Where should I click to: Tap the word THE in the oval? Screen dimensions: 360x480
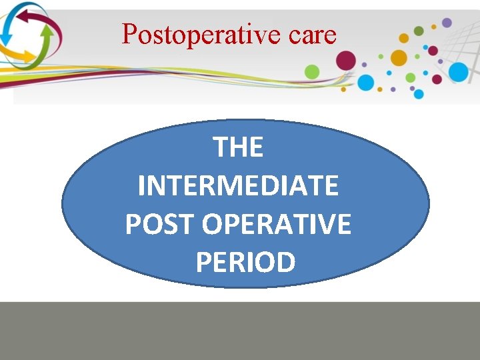coord(239,147)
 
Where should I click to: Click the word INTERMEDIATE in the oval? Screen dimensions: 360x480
coord(239,186)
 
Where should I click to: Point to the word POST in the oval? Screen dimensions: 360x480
coord(160,225)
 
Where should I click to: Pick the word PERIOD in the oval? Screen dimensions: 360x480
coord(245,263)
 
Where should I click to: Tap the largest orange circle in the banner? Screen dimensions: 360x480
coord(399,57)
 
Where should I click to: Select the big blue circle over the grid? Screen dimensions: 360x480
coord(459,71)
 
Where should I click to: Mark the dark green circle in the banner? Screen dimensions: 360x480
coord(419,31)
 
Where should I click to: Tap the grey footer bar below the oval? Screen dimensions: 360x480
coord(240,331)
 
